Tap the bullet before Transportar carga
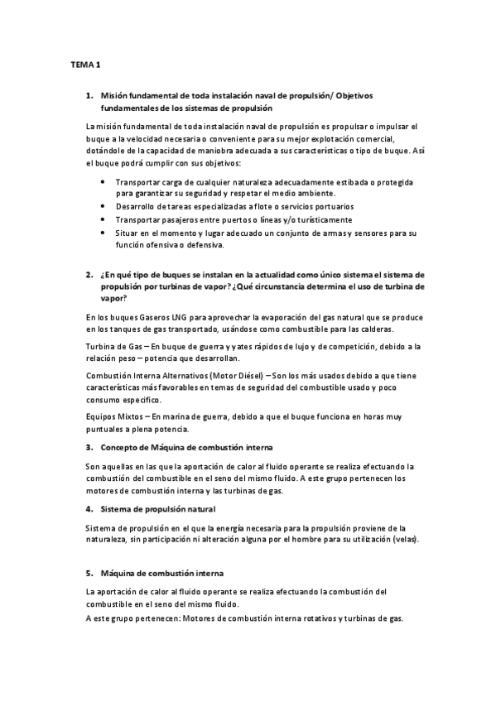102,180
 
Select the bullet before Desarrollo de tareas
102,206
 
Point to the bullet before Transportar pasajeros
102,219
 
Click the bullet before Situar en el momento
102,233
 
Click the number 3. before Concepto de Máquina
89,447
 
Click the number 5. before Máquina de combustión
89,573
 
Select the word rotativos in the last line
305,618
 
